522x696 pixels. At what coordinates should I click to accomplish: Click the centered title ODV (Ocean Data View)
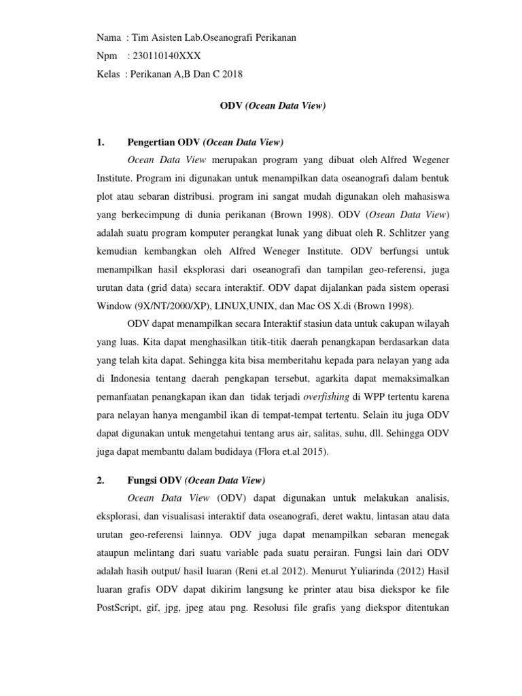point(271,106)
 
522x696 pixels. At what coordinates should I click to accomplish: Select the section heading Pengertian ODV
point(205,143)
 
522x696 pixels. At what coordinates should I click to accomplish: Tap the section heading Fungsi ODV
point(196,481)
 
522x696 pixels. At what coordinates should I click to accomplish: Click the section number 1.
point(101,143)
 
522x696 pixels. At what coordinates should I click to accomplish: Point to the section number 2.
point(101,481)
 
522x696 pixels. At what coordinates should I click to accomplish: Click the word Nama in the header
point(109,37)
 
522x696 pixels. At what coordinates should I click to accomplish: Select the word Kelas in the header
point(109,74)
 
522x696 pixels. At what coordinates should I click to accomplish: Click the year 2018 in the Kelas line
point(231,74)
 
